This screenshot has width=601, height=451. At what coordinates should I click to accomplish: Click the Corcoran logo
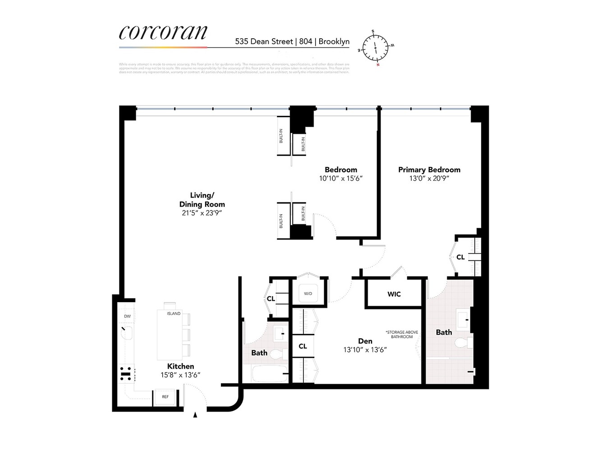point(163,32)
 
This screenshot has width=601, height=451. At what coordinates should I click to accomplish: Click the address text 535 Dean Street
point(264,41)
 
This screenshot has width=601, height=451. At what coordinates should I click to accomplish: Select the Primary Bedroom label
point(429,170)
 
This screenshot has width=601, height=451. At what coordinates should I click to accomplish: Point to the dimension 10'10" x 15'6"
point(341,178)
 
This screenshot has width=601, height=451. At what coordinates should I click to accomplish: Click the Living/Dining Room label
point(202,200)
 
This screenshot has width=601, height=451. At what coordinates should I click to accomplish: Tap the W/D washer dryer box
point(308,294)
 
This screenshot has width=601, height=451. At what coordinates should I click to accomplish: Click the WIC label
point(394,294)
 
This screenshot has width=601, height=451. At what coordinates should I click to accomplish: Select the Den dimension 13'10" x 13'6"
point(365,350)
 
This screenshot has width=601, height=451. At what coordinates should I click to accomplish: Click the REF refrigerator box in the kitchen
point(165,397)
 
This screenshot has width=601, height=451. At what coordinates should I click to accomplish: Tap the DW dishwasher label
point(128,316)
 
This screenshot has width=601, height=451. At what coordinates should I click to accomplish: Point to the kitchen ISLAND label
point(174,313)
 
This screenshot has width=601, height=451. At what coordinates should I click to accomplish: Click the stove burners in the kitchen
point(126,373)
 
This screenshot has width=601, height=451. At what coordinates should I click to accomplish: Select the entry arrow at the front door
point(195,415)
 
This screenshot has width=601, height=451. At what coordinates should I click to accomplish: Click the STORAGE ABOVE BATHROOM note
point(402,335)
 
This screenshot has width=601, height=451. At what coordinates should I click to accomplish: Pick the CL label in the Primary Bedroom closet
point(460,257)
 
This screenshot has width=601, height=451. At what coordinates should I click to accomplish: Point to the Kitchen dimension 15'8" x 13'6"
point(180,375)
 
